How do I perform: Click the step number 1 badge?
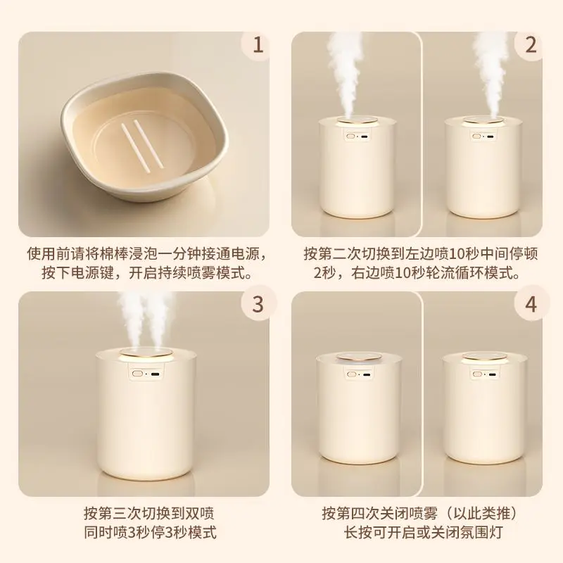pyautogui.click(x=258, y=46)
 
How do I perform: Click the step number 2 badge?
pyautogui.click(x=531, y=46)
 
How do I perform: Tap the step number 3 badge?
pyautogui.click(x=258, y=305)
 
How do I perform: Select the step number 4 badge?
pyautogui.click(x=531, y=305)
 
